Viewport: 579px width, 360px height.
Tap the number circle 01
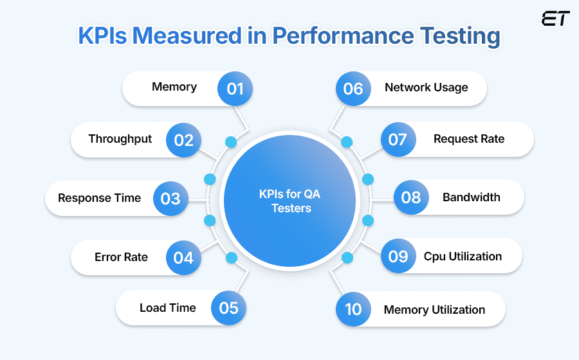pos(235,88)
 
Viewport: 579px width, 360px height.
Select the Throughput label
pos(120,139)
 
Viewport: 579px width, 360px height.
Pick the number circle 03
pos(170,198)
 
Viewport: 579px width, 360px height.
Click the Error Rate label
pos(121,257)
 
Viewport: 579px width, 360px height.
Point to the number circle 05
pos(229,308)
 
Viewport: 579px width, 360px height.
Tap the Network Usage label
pos(427,87)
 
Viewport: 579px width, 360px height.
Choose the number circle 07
pos(398,139)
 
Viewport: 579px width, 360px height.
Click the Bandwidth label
pos(472,197)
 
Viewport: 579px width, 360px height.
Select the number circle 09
pos(398,256)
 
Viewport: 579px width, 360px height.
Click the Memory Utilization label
pos(434,310)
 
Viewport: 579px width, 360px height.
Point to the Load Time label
pos(167,308)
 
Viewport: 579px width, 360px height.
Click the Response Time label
pos(99,198)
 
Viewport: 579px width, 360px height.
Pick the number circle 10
pos(353,310)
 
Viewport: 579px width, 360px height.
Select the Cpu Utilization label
pos(463,256)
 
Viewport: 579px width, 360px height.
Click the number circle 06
pos(353,88)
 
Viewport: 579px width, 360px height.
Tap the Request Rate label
pos(469,139)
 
